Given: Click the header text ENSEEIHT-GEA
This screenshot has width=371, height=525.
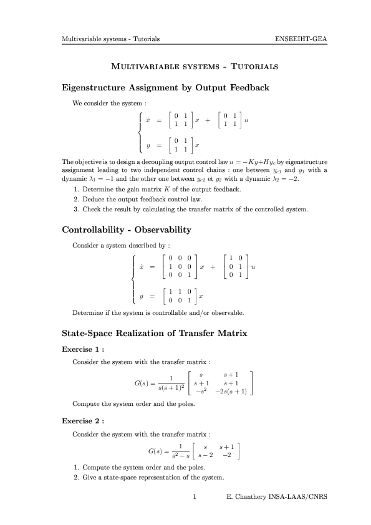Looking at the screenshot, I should pyautogui.click(x=301, y=39).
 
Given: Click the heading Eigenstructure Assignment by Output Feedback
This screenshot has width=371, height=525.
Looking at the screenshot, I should pyautogui.click(x=166, y=87).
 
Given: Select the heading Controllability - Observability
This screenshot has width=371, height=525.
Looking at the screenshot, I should pyautogui.click(x=127, y=230).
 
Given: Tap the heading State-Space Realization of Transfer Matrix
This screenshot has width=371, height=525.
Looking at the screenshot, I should pyautogui.click(x=155, y=334).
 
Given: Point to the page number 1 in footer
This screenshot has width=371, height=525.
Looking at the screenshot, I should pyautogui.click(x=195, y=497).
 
